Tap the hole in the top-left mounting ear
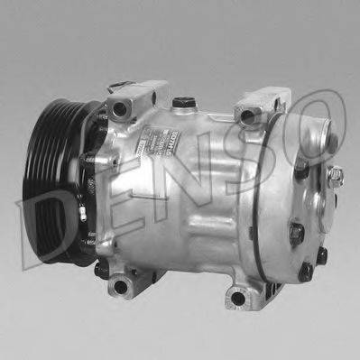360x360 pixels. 121,111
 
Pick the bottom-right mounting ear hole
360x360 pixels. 237,297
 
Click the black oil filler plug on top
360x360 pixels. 184,102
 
